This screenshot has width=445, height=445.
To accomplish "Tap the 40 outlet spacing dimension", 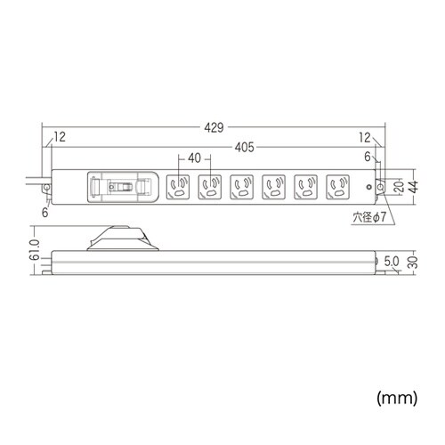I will pyautogui.click(x=194, y=158).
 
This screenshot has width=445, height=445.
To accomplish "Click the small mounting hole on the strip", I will pyautogui.click(x=374, y=188).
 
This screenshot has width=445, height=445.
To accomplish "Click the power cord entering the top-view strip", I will pyautogui.click(x=42, y=184).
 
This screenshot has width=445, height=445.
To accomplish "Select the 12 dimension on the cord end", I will pyautogui.click(x=60, y=136).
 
